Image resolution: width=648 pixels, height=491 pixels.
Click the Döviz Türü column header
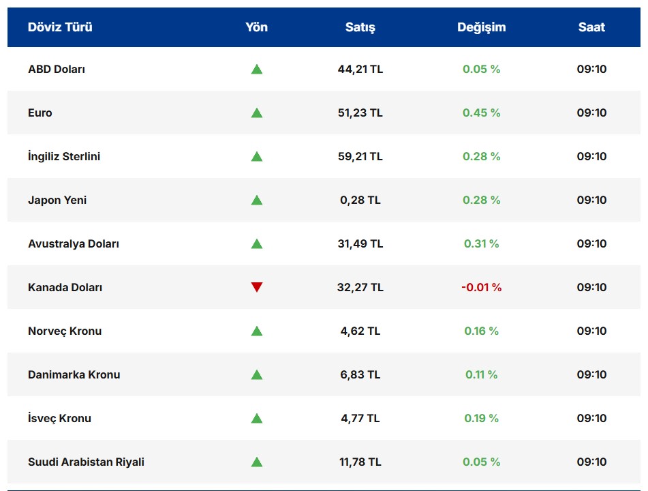click(x=60, y=27)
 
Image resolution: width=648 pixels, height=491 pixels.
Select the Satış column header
click(x=360, y=27)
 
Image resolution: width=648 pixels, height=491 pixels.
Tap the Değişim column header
click(x=481, y=27)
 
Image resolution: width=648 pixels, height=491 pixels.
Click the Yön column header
click(x=256, y=27)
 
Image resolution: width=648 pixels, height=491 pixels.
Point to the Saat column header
click(x=591, y=27)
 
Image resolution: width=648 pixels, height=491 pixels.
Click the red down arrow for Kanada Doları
click(x=256, y=287)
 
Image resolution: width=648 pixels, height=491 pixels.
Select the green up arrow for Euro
click(x=256, y=113)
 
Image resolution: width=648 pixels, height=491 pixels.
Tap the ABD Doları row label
click(x=57, y=69)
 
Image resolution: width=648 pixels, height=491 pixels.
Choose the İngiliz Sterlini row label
click(x=64, y=156)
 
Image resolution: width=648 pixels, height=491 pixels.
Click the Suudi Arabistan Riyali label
click(x=86, y=462)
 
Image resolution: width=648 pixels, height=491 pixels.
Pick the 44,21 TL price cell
click(x=360, y=69)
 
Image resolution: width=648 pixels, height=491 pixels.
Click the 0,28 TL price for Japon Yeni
click(x=360, y=200)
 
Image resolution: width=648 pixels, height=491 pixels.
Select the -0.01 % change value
click(x=481, y=287)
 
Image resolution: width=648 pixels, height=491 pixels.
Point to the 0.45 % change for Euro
click(x=481, y=113)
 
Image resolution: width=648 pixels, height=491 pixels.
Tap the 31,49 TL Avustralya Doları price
click(x=360, y=243)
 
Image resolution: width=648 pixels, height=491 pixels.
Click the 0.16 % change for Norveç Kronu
click(x=481, y=331)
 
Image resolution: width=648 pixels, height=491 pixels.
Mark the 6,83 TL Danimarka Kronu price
click(x=360, y=374)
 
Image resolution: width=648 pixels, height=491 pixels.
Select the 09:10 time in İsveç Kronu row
click(x=591, y=418)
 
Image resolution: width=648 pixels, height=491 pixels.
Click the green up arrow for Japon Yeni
click(x=256, y=200)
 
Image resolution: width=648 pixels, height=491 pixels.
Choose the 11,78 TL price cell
click(x=360, y=462)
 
